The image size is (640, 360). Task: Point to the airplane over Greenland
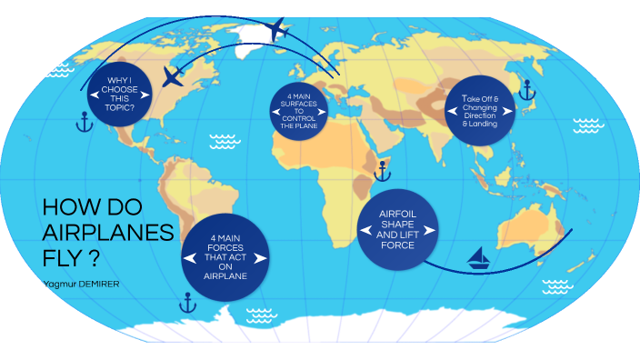pos(278,31)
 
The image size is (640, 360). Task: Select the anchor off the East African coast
pos(383,168)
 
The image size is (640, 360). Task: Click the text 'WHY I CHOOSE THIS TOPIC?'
pos(121,94)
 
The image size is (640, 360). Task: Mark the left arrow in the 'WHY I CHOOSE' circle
pos(94,95)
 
